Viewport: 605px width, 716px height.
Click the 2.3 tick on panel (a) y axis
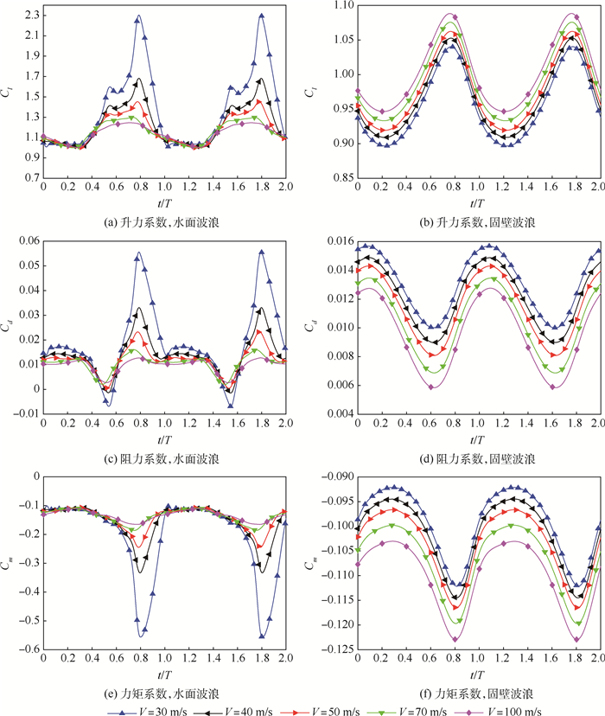(29, 15)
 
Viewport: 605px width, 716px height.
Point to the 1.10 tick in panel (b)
(341, 5)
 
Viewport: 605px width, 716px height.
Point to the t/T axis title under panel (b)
(477, 204)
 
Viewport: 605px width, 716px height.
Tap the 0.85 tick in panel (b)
(341, 178)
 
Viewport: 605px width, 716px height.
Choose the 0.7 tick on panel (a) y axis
(29, 178)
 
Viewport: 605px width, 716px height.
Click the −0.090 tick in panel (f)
(333, 476)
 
